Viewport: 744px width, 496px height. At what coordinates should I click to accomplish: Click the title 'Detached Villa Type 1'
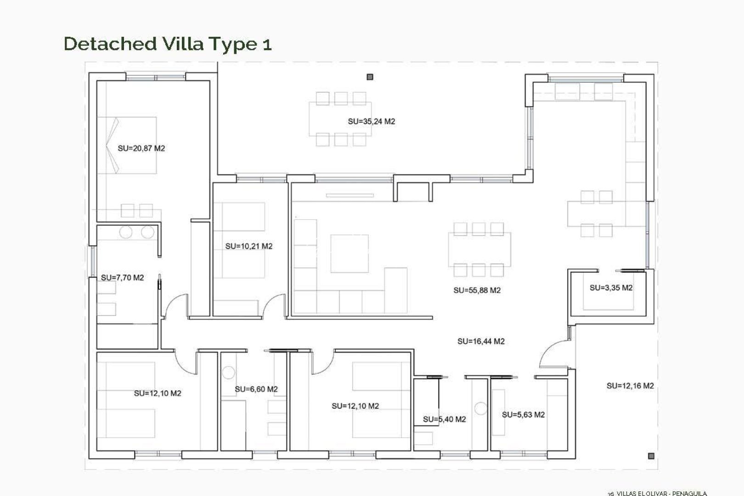tap(168, 44)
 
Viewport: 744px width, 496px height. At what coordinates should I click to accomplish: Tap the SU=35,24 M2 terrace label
tap(371, 122)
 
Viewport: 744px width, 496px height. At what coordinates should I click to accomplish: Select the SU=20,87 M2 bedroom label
tap(141, 148)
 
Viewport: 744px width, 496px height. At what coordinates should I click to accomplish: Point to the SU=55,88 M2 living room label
tap(477, 290)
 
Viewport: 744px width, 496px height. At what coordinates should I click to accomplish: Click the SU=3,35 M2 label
tap(611, 288)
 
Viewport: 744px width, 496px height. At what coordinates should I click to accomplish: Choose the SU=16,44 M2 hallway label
tap(481, 341)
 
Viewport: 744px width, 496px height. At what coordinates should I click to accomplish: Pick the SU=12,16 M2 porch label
tap(630, 386)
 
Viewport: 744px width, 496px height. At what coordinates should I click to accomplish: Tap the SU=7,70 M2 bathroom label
tap(122, 277)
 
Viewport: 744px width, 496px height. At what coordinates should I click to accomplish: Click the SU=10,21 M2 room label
tap(248, 246)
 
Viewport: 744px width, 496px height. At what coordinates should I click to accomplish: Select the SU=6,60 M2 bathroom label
tap(256, 389)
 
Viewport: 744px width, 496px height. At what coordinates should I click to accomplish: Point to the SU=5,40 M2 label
tap(444, 419)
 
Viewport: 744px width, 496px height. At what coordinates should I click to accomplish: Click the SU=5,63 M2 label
tap(523, 415)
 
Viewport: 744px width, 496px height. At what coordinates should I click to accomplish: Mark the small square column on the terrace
tap(370, 77)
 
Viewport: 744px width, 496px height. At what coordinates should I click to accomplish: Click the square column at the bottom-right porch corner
tap(651, 456)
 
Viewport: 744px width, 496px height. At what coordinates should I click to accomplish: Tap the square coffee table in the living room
tap(349, 254)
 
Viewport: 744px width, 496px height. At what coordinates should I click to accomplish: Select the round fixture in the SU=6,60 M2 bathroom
tap(228, 372)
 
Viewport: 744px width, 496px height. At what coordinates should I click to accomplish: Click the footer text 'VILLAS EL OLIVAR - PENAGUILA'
tap(661, 493)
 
